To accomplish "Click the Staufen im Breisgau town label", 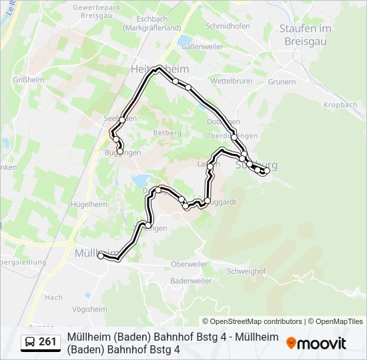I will [x=305, y=35].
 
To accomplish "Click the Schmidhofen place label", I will [x=227, y=25].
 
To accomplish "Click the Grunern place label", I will [x=282, y=82].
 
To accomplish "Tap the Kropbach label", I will [x=340, y=105].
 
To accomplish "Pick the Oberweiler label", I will [x=190, y=264].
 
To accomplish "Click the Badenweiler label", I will [x=190, y=281].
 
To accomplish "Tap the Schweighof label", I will [x=246, y=271].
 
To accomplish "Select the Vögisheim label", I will [x=89, y=309].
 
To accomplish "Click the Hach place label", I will [x=54, y=297].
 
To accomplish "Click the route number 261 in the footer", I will [x=47, y=342].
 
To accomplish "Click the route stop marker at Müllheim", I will [x=101, y=255].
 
